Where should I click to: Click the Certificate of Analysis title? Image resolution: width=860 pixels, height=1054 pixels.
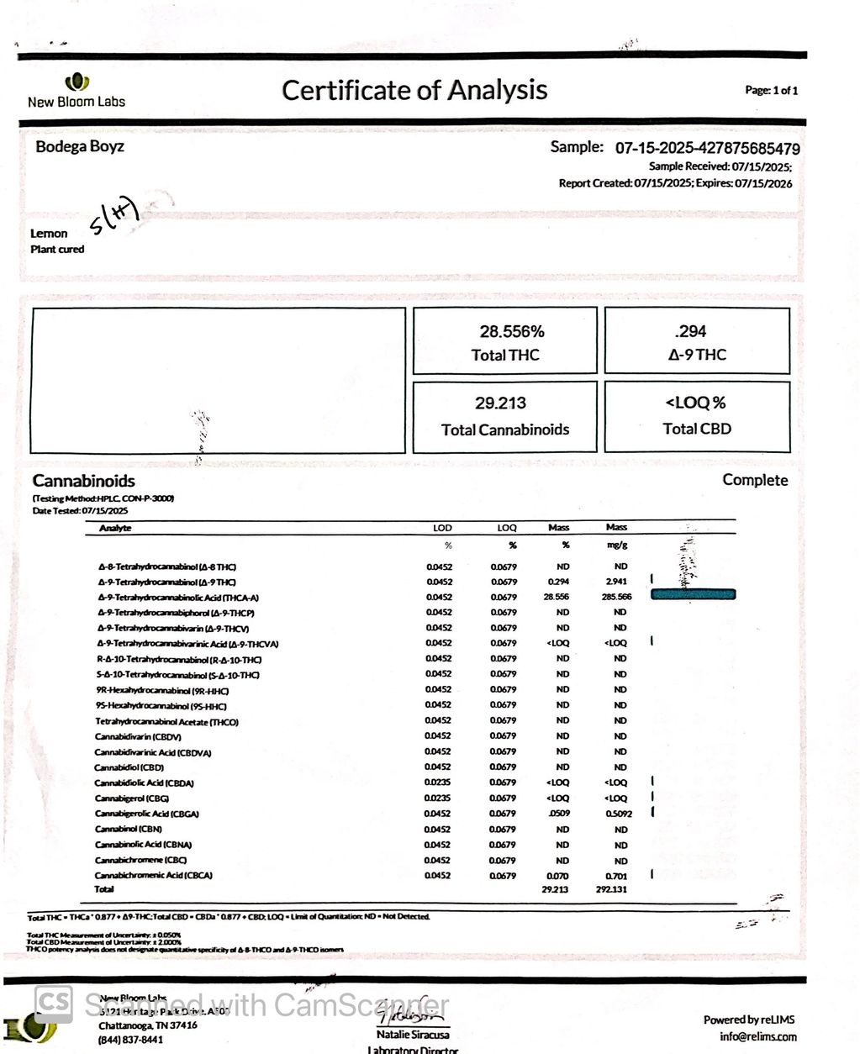click(414, 90)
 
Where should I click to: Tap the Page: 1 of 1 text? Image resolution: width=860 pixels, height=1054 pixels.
click(771, 91)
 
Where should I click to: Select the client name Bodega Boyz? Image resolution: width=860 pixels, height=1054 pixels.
click(80, 146)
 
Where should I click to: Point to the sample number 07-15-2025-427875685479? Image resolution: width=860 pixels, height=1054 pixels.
click(707, 149)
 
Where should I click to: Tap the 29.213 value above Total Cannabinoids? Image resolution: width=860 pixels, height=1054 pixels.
click(501, 403)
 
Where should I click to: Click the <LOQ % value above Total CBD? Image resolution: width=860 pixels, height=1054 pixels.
click(696, 403)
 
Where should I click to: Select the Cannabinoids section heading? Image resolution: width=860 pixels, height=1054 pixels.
click(83, 481)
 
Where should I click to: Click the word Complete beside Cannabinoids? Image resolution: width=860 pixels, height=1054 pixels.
click(755, 480)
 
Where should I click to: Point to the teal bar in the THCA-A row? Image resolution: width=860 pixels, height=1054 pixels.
click(694, 594)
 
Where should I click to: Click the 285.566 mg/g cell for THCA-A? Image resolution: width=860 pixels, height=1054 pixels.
click(616, 597)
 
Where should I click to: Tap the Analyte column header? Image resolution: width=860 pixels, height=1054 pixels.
click(115, 528)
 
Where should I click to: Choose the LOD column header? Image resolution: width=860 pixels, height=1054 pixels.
click(442, 528)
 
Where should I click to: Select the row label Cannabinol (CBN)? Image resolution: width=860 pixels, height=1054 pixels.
click(128, 829)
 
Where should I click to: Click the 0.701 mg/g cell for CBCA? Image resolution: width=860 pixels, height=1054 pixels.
click(616, 876)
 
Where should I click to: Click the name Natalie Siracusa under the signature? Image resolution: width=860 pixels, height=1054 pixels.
click(412, 1034)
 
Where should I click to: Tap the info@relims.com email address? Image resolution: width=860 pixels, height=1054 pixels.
click(758, 1036)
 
